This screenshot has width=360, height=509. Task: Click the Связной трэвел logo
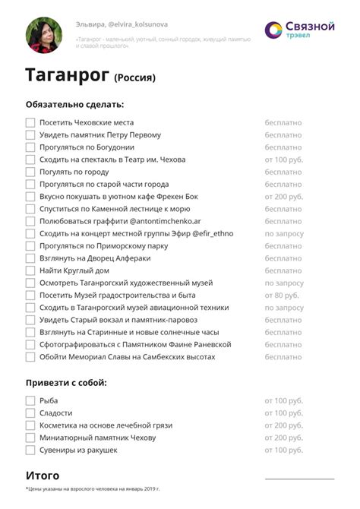click(299, 30)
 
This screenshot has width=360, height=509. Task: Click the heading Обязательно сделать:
click(74, 104)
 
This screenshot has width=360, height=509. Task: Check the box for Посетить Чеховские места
click(30, 122)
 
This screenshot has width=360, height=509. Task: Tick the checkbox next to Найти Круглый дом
click(30, 270)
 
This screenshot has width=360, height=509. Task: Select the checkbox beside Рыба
click(30, 400)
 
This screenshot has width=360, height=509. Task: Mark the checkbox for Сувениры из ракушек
click(30, 451)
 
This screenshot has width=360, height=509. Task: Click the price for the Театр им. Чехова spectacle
click(284, 160)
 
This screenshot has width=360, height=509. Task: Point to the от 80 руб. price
click(282, 295)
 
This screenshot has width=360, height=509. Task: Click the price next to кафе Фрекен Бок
click(284, 196)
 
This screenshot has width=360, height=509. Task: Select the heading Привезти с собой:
click(66, 382)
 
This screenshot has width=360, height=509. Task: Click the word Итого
click(43, 476)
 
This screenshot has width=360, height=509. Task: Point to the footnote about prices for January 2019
click(93, 488)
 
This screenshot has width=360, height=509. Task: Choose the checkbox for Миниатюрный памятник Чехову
click(30, 438)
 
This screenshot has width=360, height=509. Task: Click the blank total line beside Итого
click(298, 479)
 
